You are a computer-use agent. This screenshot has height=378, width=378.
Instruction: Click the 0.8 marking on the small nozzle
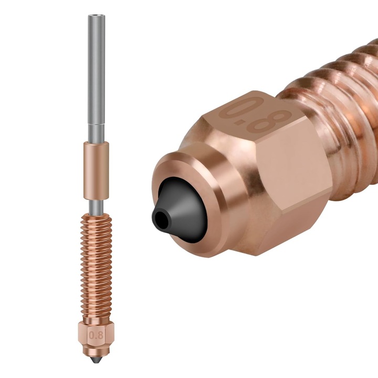pyautogui.click(x=96, y=334)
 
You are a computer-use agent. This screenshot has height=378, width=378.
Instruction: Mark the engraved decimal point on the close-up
pyautogui.click(x=253, y=120)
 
